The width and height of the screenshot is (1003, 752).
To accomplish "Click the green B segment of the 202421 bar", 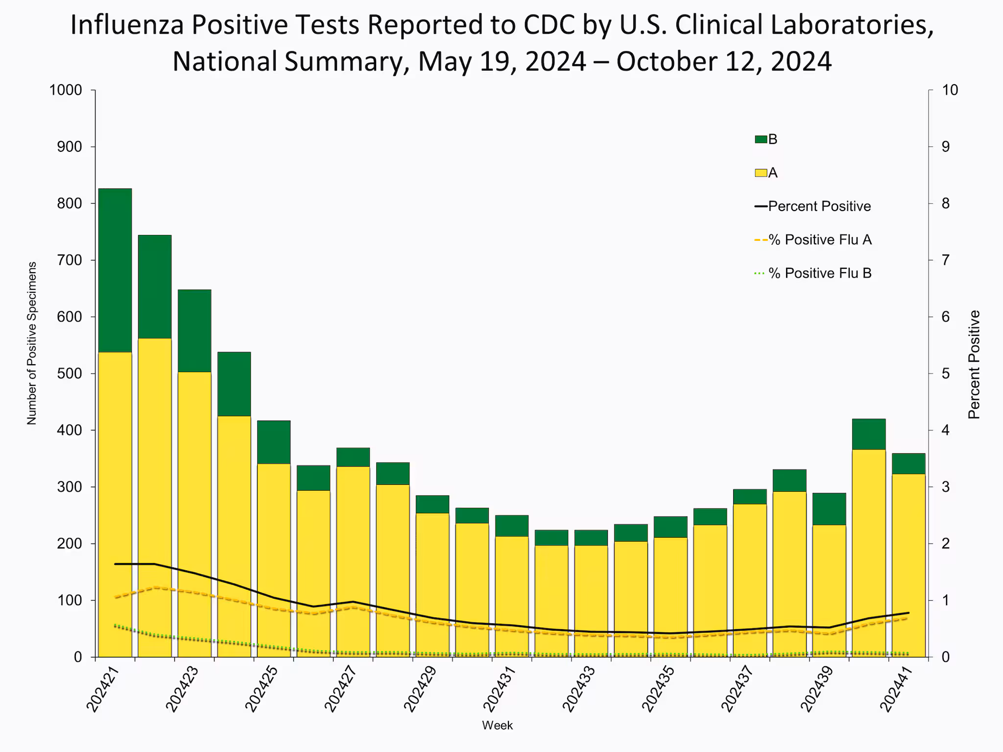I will (115, 270).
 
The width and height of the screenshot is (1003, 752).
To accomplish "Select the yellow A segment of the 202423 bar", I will (194, 514).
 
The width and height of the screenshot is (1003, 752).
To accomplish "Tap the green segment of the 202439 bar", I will (829, 509).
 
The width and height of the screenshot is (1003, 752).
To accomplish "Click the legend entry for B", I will (767, 140).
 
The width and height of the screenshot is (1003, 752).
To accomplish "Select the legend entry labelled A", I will (767, 173).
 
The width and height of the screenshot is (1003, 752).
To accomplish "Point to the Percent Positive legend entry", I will (813, 206).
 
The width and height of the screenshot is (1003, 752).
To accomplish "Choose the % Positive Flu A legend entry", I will (813, 240).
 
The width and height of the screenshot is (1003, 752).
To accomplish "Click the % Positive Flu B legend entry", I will (813, 273).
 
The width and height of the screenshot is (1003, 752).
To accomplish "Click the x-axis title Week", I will (497, 726).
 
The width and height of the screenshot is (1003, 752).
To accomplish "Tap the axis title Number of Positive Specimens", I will (32, 343).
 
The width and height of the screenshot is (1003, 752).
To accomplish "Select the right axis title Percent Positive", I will (974, 364).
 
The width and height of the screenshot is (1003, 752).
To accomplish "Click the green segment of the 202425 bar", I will (274, 442).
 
